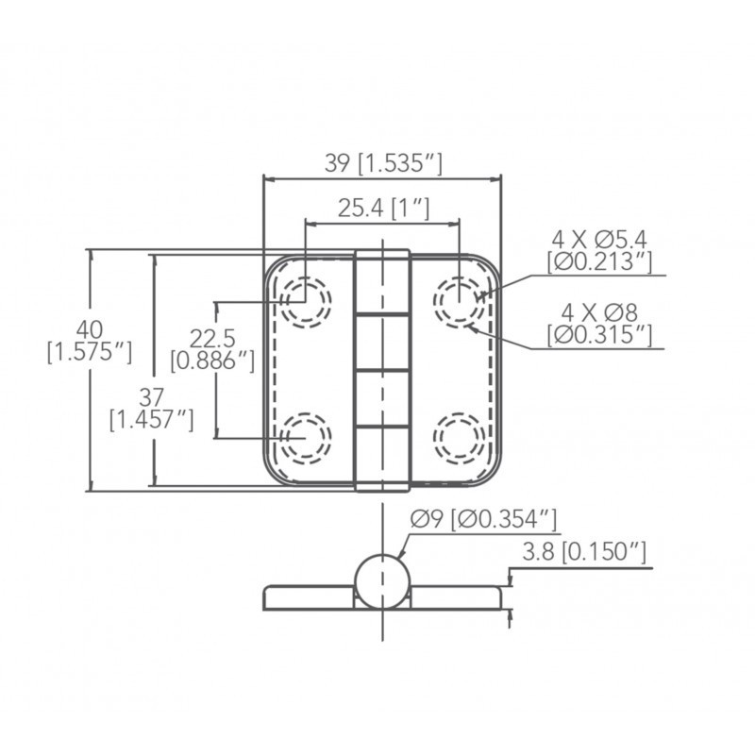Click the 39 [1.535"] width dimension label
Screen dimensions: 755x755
[383, 163]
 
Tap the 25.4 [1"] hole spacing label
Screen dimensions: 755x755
[383, 208]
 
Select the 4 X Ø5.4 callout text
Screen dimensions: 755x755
[599, 240]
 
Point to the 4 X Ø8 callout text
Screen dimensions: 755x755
[599, 313]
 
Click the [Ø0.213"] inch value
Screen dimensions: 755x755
[599, 261]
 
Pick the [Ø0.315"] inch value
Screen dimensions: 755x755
[599, 335]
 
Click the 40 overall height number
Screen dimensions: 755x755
[90, 329]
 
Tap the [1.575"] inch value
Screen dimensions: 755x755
[90, 352]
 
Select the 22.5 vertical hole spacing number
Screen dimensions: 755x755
[212, 338]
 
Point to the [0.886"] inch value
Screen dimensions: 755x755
[212, 361]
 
